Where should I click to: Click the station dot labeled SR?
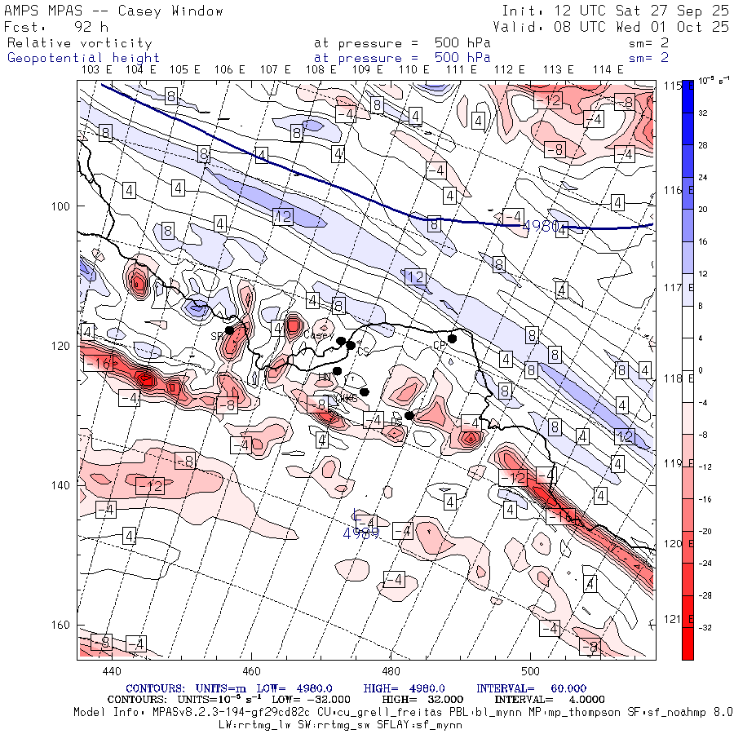230,330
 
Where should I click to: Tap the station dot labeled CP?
452,338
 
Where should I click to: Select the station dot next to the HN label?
337,371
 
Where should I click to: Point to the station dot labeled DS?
409,415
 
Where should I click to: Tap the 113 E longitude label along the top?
558,70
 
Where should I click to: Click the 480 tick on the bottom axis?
391,670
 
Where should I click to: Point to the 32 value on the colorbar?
703,114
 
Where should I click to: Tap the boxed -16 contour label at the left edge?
98,363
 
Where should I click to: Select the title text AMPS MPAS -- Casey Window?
114,11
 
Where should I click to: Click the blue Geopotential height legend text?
83,57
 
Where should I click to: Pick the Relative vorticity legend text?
80,42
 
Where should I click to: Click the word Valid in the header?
515,26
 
